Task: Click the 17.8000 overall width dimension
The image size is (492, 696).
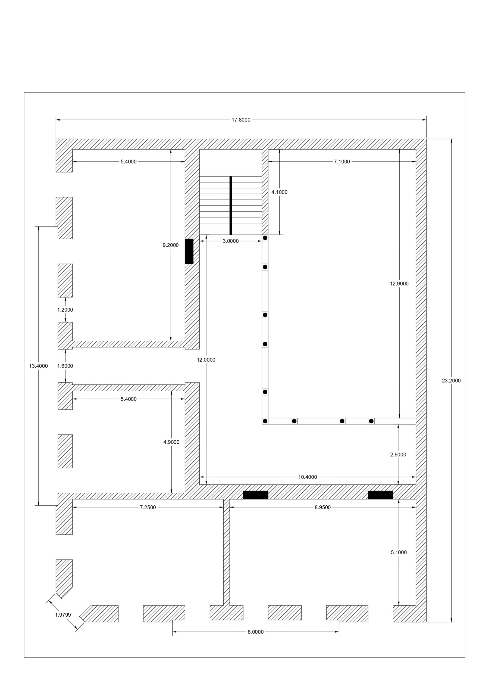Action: (x=241, y=120)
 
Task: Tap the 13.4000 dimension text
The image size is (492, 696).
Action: (x=39, y=366)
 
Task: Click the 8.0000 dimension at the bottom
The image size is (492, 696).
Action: (x=256, y=632)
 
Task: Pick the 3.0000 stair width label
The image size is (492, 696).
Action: (x=231, y=241)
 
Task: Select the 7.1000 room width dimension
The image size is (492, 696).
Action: (x=342, y=161)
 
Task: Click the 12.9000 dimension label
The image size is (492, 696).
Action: (x=399, y=284)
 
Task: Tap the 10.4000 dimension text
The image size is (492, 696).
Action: (x=308, y=477)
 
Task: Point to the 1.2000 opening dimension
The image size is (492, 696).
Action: (x=65, y=310)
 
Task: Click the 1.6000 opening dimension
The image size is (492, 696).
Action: (x=65, y=366)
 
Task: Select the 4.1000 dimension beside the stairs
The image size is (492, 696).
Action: (x=279, y=192)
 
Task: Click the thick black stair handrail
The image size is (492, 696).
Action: (x=231, y=205)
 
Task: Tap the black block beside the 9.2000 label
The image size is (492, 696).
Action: (x=189, y=251)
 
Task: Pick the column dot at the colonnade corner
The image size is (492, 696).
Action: (x=265, y=421)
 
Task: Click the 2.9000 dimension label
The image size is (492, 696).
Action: (x=398, y=454)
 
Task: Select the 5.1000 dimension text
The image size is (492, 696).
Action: (x=399, y=552)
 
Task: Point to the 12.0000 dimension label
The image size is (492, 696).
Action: (x=206, y=360)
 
